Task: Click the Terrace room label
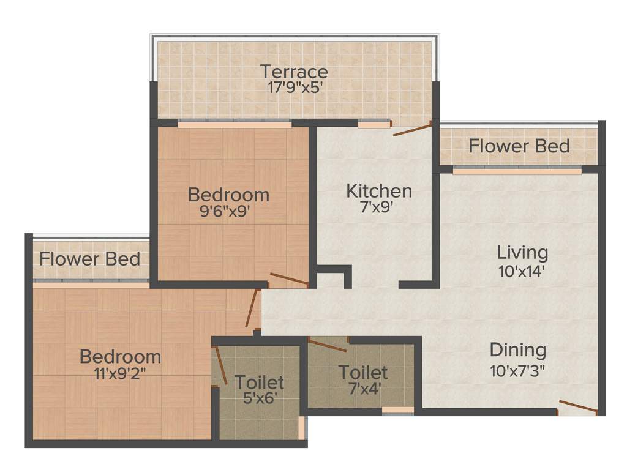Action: point(294,72)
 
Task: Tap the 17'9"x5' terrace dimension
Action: point(294,88)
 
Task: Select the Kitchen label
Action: point(378,190)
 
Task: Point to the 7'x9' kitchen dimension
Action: point(378,207)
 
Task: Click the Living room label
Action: point(522,252)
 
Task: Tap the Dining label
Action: point(517,350)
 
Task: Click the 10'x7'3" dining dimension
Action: point(517,369)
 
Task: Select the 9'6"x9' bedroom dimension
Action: point(228,211)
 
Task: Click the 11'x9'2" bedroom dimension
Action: point(121,373)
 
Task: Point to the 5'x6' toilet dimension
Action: point(259,398)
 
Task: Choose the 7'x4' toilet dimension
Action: point(362,388)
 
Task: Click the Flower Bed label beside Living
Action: point(519,146)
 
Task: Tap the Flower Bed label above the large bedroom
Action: point(90,258)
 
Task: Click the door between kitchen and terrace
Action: point(412,129)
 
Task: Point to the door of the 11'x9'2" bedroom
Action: point(252,308)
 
